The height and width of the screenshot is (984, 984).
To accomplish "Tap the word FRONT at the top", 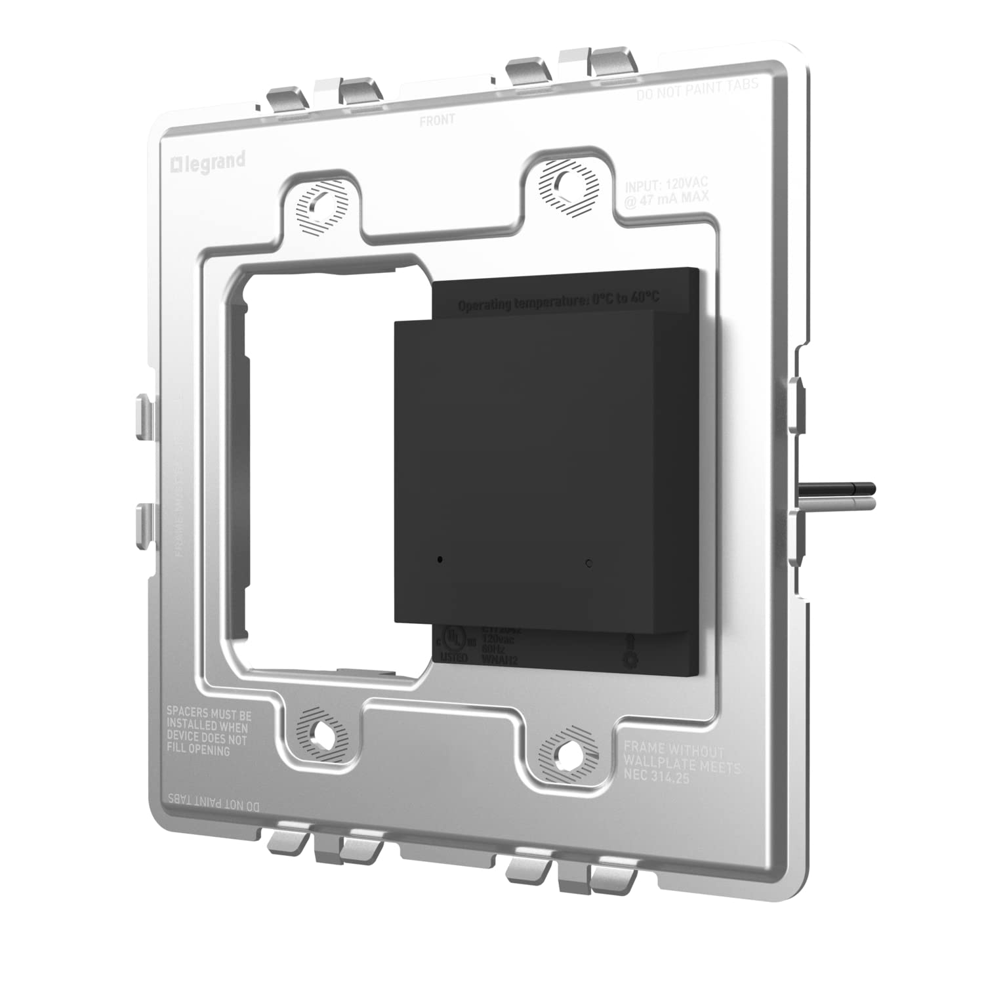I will [x=437, y=120].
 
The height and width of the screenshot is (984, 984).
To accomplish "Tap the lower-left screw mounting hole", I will [x=321, y=732].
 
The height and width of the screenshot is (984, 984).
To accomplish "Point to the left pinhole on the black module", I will [x=440, y=560].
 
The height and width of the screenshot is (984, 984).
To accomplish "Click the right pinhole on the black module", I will [x=588, y=563].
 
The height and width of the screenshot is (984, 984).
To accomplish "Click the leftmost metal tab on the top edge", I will [x=286, y=100].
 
